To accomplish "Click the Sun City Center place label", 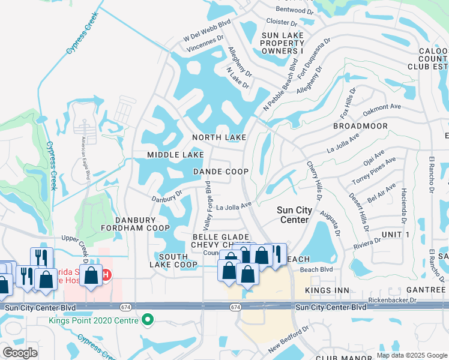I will pyautogui.click(x=294, y=215).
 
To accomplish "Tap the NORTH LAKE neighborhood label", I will pyautogui.click(x=219, y=138).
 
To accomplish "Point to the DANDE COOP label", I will pyautogui.click(x=221, y=172).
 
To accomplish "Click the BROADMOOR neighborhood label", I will pyautogui.click(x=360, y=126).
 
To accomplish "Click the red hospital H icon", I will pyautogui.click(x=106, y=276).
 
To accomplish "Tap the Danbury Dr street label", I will pyautogui.click(x=166, y=196).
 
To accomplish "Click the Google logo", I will pyautogui.click(x=20, y=353).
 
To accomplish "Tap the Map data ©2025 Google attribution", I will pyautogui.click(x=411, y=355).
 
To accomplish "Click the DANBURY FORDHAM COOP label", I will pyautogui.click(x=135, y=223).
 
